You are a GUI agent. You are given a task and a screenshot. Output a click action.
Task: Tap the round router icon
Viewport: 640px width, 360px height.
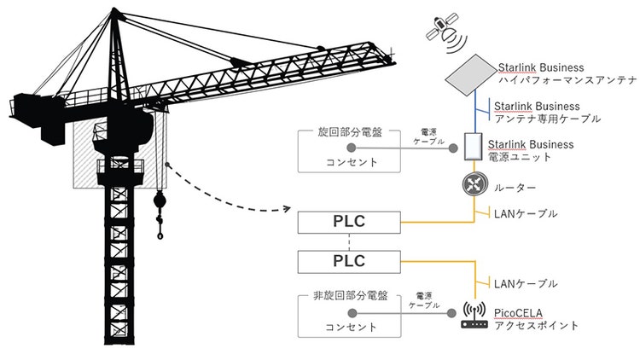tap(472, 188)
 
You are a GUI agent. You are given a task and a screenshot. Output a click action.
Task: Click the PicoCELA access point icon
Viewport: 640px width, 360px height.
tap(472, 315)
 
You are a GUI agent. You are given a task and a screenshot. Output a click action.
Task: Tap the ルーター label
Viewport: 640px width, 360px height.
tap(515, 188)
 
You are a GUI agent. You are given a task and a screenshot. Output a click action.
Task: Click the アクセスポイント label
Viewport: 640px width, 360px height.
tap(537, 326)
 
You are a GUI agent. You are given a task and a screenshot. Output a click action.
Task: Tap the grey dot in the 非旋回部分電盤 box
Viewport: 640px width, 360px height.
tap(352, 311)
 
